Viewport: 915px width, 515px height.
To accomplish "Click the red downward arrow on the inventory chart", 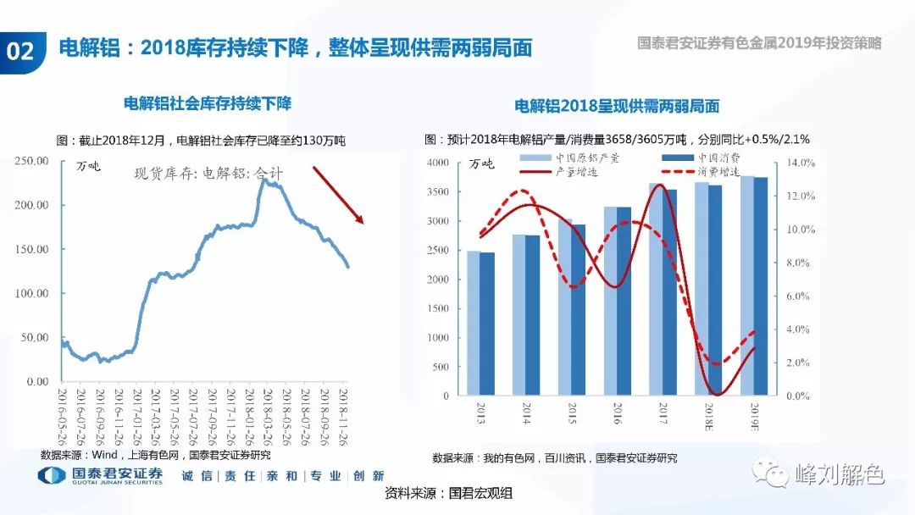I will coord(338,195).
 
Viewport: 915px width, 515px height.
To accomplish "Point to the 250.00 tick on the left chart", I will coord(31,161).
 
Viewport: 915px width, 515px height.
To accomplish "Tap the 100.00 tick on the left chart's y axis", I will coord(31,293).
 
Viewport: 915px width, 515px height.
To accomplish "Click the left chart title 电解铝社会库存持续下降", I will coord(208,103).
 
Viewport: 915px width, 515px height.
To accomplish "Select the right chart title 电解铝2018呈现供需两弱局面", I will coord(617,107).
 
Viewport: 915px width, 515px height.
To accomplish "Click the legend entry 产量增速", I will coord(576,171).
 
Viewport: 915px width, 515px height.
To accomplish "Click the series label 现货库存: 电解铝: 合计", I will coord(208,173).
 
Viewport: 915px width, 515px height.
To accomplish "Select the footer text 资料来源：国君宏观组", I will coord(449,493).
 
